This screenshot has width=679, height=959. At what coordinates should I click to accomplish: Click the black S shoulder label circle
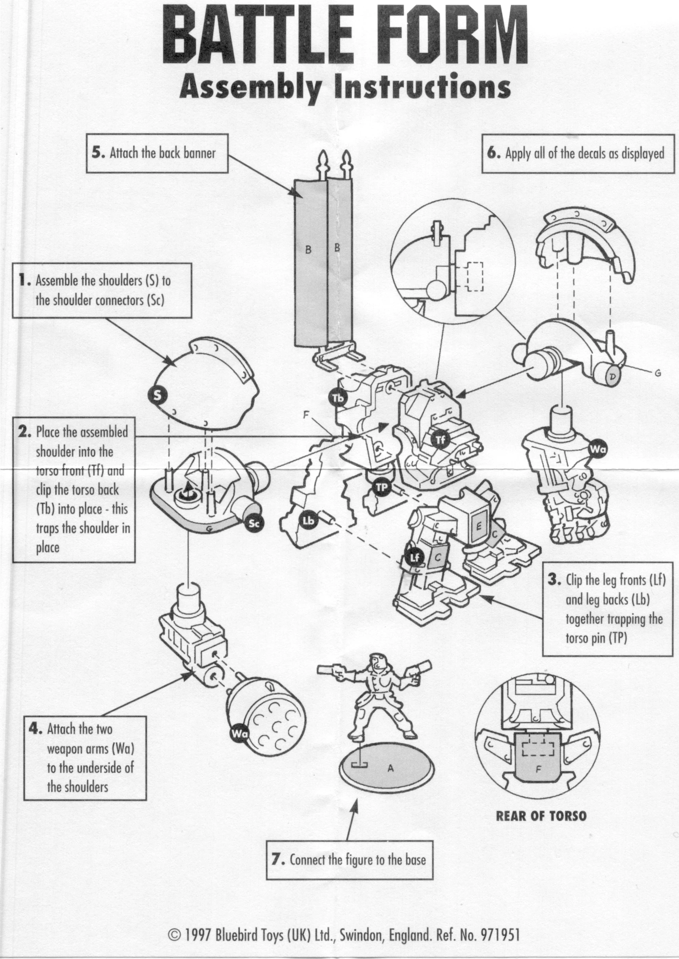157,395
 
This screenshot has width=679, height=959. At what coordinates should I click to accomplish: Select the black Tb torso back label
338,398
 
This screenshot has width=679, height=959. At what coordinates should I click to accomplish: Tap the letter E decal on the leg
479,527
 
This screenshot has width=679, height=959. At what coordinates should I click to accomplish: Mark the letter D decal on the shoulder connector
612,377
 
